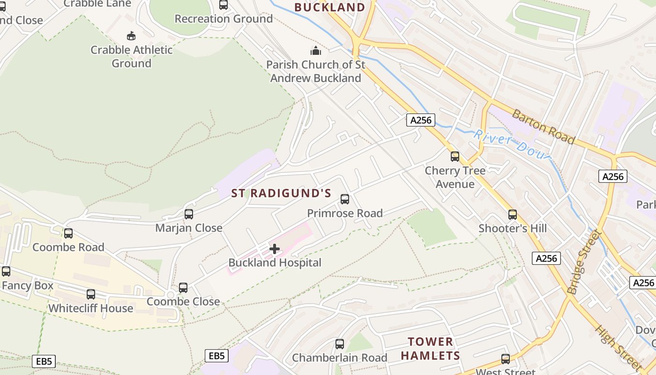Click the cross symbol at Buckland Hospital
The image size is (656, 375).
tap(275, 249)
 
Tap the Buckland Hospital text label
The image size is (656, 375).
tap(275, 263)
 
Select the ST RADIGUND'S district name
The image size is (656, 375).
tap(281, 194)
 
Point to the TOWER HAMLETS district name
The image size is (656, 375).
tap(430, 349)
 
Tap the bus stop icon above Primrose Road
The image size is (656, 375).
tap(345, 199)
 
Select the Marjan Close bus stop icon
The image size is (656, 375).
tap(189, 214)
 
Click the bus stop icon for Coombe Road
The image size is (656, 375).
tap(68, 233)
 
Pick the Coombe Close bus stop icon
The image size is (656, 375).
tap(183, 288)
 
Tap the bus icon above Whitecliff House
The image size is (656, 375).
tap(91, 294)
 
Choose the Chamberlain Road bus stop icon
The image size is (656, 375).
tap(340, 344)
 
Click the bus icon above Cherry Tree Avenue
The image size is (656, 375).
tap(455, 157)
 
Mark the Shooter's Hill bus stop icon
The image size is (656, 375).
tap(513, 215)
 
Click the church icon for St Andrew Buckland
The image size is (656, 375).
tap(316, 51)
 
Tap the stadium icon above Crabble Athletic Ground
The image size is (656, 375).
tap(131, 36)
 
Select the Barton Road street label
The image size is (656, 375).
tap(543, 127)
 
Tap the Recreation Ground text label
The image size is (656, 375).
tap(224, 19)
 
